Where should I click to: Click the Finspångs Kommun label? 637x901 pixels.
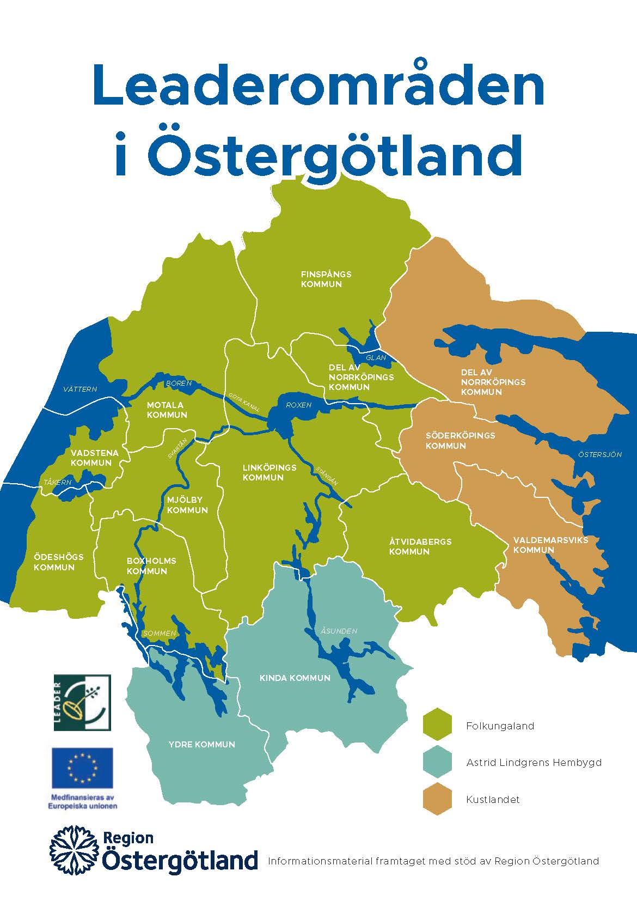326,279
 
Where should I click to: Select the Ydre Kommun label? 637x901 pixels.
201,744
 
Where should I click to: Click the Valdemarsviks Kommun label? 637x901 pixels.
550,545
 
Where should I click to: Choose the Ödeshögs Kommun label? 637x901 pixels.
58,562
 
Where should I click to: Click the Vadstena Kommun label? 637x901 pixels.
91,458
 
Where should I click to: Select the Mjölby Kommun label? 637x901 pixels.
187,505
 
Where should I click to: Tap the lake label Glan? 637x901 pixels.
376,357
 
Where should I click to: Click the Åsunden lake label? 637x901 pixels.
339,631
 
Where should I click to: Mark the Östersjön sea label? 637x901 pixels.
599,454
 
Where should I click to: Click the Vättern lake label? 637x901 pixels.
80,389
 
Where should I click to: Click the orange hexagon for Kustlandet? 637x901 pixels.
438,799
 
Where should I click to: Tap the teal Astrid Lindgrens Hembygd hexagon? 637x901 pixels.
438,762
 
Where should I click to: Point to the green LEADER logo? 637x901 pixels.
82,702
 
